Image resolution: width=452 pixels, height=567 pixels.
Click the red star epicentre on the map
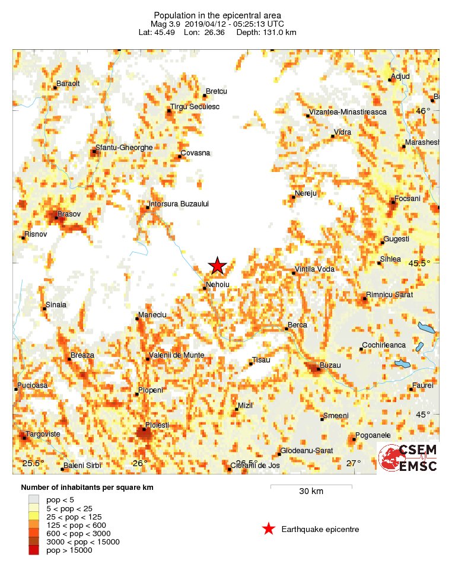pyautogui.click(x=218, y=266)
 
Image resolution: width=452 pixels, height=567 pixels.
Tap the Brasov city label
pyautogui.click(x=69, y=214)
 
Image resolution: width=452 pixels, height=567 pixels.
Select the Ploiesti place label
pyautogui.click(x=157, y=425)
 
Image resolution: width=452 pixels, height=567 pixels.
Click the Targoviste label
pyautogui.click(x=43, y=434)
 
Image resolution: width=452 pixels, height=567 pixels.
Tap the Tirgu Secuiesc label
pyautogui.click(x=195, y=107)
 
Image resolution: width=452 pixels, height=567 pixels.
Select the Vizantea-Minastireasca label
pyautogui.click(x=348, y=112)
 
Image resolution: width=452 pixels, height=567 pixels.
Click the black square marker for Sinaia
pyautogui.click(x=44, y=308)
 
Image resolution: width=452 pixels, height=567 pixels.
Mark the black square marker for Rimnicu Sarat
pyautogui.click(x=365, y=299)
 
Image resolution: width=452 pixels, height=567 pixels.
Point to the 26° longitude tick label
pyautogui.click(x=140, y=463)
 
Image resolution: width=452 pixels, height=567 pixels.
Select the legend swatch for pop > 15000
pyautogui.click(x=33, y=550)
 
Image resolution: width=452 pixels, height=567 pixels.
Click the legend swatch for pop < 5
pyautogui.click(x=33, y=499)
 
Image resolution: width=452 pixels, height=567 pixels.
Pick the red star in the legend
pyautogui.click(x=269, y=529)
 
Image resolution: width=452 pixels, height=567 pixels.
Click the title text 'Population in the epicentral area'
pyautogui.click(x=217, y=15)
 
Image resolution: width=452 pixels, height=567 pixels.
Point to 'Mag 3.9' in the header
pyautogui.click(x=165, y=24)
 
